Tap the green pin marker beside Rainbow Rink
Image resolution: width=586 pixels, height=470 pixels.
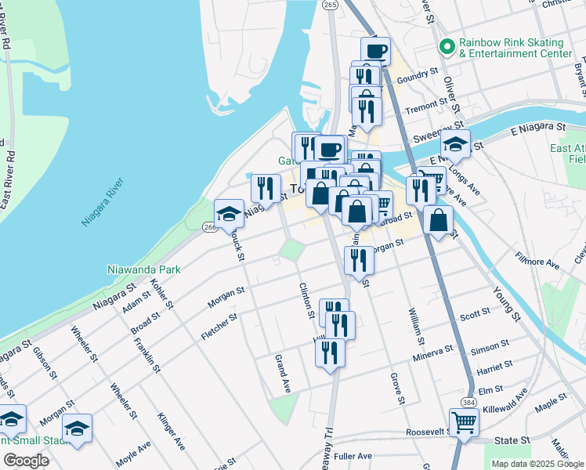click(447, 47)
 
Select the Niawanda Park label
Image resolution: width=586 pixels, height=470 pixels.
click(144, 269)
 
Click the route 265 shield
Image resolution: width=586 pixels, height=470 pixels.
click(330, 5)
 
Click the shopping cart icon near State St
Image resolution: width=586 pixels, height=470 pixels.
click(464, 423)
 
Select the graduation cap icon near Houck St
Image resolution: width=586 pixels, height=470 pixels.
click(230, 214)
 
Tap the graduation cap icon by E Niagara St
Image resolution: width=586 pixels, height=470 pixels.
click(455, 144)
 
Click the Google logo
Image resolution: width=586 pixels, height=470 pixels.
click(26, 461)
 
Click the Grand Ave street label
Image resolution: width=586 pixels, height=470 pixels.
click(282, 374)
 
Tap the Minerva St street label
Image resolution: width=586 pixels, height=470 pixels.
click(433, 352)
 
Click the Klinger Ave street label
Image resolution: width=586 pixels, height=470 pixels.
click(172, 432)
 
